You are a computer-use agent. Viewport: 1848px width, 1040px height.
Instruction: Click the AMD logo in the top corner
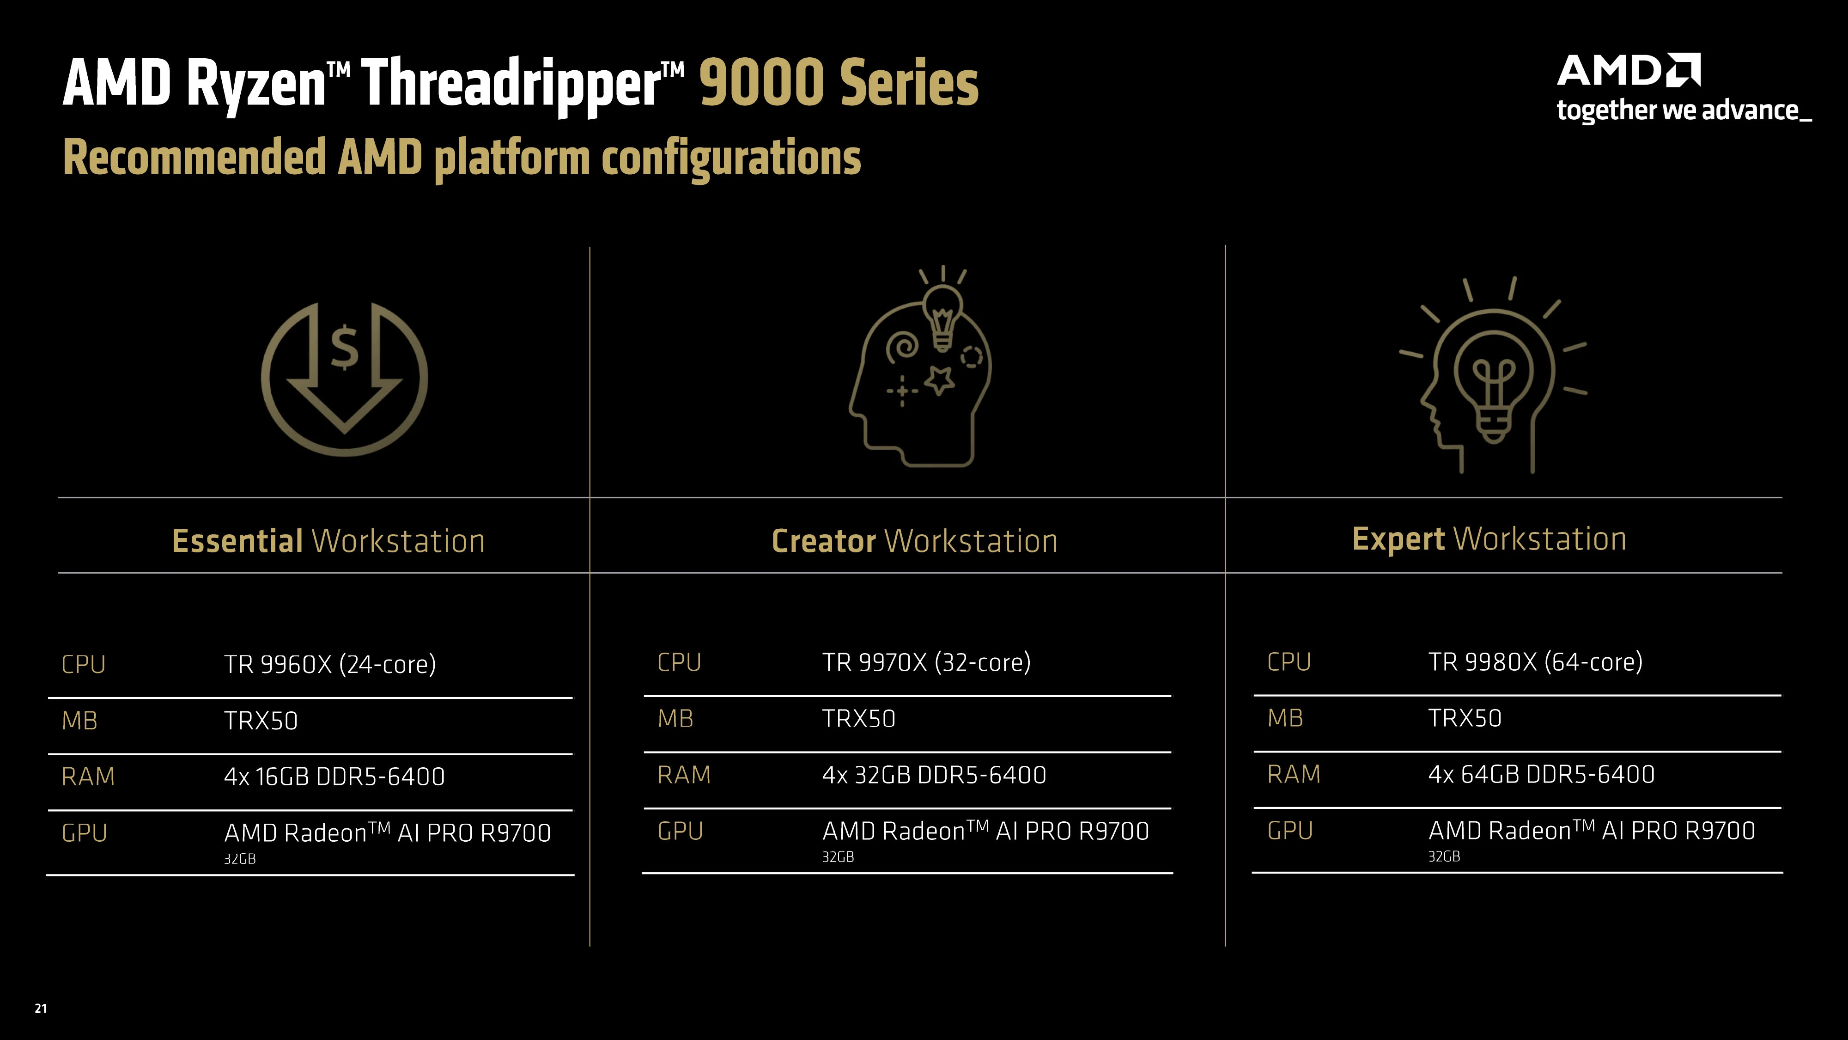coord(1628,70)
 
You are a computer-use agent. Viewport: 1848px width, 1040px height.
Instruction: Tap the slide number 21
coord(41,1009)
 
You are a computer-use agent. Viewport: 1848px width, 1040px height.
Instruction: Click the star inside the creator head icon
coord(939,379)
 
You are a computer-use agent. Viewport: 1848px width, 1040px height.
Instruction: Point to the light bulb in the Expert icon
coord(1494,388)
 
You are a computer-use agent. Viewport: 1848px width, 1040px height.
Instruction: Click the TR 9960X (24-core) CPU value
coord(330,664)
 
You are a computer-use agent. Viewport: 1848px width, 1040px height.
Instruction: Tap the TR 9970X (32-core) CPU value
coord(926,662)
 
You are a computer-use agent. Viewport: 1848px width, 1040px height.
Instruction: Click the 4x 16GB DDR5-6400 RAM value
coord(334,777)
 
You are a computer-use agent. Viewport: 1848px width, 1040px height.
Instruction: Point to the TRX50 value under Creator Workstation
coord(859,718)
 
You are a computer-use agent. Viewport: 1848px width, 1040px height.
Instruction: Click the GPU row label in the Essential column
coord(85,832)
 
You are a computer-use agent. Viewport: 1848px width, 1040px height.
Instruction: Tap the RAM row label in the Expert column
coord(1294,774)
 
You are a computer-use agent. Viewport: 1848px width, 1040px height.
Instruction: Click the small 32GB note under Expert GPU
coord(1444,856)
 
